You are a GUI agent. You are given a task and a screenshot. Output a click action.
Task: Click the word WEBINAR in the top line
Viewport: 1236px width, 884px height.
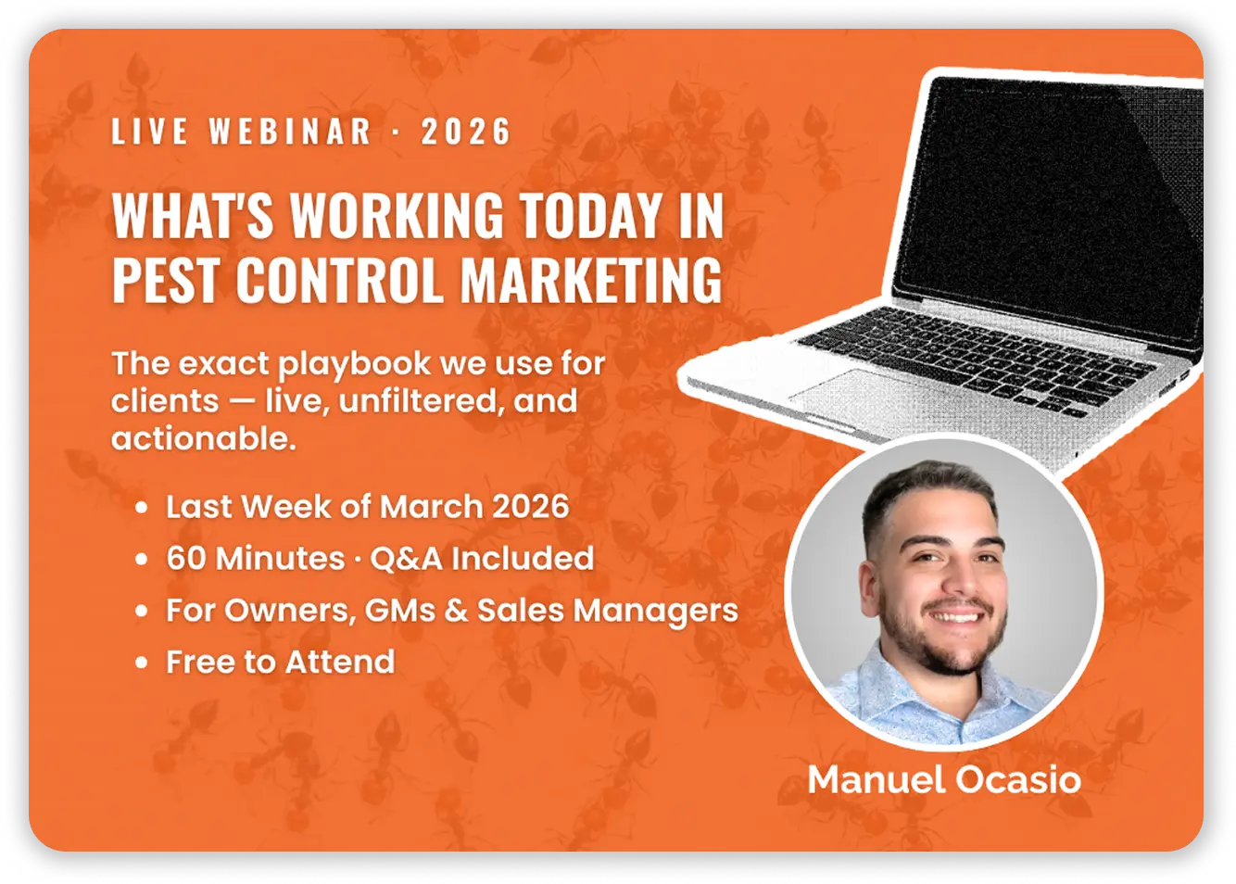coord(290,132)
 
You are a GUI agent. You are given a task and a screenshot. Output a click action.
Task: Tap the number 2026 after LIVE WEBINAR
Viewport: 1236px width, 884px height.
coord(466,132)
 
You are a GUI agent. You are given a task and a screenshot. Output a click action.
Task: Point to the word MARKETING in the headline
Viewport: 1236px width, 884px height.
coord(591,279)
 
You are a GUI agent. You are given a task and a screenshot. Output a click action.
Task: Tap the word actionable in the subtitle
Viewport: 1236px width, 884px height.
coord(202,438)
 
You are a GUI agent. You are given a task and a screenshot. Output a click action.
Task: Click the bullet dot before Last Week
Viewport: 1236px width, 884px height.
coord(141,508)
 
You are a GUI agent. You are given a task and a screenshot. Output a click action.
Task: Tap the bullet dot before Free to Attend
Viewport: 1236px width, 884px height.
coord(141,663)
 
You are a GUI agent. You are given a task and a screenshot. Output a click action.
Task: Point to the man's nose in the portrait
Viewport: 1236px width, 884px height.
coord(947,584)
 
